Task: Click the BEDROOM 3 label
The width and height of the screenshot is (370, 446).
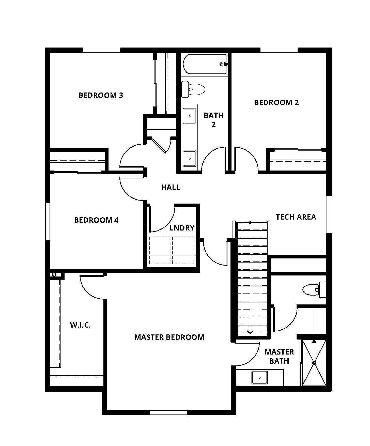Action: pos(101,95)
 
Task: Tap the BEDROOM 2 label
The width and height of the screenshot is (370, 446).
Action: pos(276,102)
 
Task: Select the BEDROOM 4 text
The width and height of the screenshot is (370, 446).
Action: pos(97,220)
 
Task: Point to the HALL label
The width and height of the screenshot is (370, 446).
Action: pos(171,187)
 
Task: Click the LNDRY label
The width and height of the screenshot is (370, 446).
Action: pos(182,228)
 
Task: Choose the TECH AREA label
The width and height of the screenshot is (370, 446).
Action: pos(296,217)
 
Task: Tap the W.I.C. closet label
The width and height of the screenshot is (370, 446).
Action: pos(80,325)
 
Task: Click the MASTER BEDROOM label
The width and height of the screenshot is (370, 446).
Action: pos(169,337)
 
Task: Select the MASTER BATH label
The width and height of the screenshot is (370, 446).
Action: pos(279,357)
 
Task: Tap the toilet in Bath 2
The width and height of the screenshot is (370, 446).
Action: pos(193,89)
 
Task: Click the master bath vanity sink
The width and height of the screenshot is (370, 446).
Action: pos(259,378)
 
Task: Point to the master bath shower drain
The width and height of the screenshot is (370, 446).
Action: pos(314,363)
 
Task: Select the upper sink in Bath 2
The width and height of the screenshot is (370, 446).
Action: pos(190,116)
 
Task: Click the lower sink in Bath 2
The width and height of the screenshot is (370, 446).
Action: pos(190,159)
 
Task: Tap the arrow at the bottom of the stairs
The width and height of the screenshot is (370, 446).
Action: pos(250,331)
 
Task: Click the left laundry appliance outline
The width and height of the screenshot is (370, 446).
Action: pos(160,250)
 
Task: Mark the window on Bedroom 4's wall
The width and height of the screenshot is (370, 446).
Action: pos(47,221)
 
